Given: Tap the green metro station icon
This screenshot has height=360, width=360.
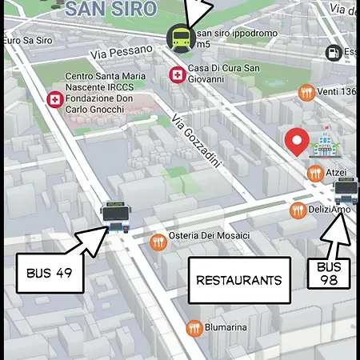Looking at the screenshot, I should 179,38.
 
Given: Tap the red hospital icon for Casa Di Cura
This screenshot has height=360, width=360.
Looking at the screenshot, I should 176,75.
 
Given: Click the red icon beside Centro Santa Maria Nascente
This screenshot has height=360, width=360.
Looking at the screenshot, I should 54,100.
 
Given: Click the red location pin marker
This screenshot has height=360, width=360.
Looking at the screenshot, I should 298,142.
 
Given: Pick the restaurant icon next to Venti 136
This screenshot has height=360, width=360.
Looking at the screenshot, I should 305,93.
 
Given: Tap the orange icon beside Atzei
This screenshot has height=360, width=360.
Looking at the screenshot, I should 314,173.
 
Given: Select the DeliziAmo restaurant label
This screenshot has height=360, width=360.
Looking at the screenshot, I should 330,210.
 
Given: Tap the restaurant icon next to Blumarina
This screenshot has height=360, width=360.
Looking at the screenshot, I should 193,327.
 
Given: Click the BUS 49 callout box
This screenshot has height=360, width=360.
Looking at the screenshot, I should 50,273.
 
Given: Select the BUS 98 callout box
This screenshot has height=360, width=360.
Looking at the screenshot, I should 329,273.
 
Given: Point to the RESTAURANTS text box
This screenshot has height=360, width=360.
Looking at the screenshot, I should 238,281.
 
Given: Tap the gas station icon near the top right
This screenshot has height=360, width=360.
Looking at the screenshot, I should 332,53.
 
